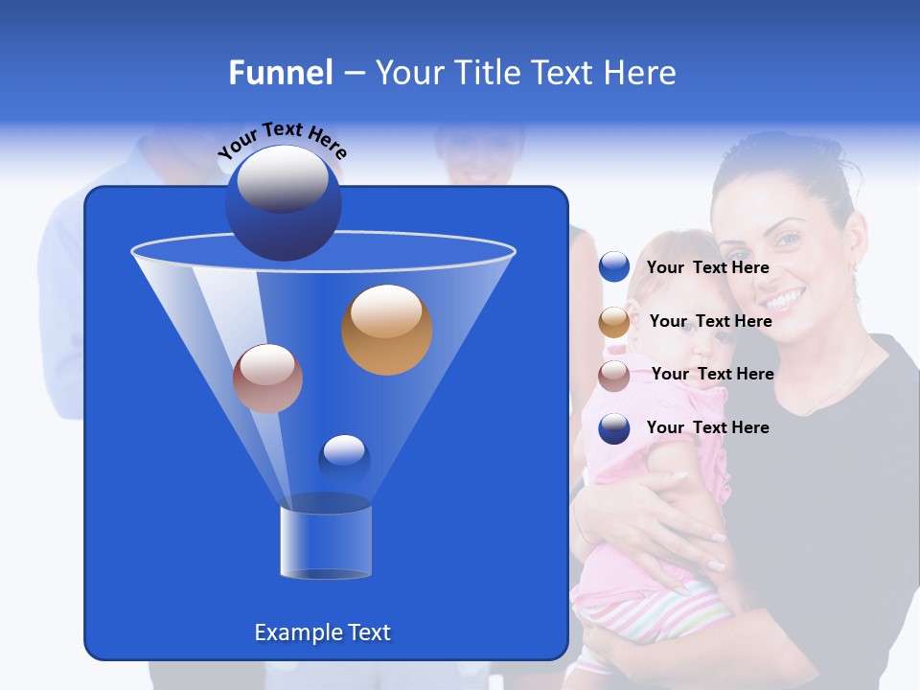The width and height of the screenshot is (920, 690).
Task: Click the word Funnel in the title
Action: pos(280,73)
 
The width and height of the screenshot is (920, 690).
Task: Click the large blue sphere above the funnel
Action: pos(283,202)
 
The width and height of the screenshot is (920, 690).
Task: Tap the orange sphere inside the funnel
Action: pos(386,329)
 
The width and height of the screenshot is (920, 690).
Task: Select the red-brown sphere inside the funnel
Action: pos(267,379)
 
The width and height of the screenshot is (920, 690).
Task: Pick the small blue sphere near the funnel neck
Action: pos(344,460)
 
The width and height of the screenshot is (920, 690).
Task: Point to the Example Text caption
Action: pos(322,632)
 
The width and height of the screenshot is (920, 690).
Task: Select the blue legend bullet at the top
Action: pos(614,267)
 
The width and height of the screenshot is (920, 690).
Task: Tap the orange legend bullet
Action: pos(614,322)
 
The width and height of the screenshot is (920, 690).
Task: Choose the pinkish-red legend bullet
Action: pos(614,375)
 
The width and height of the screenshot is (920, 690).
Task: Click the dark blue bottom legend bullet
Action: pos(614,428)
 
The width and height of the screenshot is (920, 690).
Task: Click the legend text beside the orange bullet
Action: pos(710,321)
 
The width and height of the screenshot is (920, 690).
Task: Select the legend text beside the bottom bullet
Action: pos(707,427)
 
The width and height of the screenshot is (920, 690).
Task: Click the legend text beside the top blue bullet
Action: pos(707,267)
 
